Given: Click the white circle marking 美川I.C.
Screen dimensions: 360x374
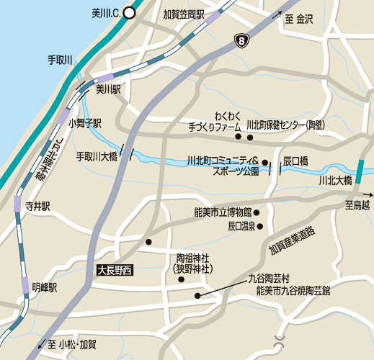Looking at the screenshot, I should tap(129, 12).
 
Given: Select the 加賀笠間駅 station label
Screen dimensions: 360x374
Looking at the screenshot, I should tap(184, 14).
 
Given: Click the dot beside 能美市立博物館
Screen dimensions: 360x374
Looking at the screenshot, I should tap(257, 212).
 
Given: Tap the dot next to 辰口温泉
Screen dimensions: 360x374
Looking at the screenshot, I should tap(261, 227).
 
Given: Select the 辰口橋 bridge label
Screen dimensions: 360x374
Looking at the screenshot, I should tap(295, 160).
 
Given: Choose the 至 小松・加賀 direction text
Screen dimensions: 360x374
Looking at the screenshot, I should tap(72, 344).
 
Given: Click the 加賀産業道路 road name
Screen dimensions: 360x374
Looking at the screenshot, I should tap(293, 240).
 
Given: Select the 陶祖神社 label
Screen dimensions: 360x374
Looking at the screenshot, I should tap(192, 258).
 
